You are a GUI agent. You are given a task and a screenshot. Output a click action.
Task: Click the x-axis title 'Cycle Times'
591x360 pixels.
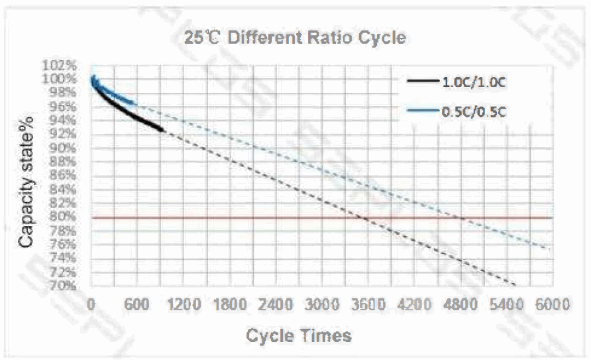[299, 335]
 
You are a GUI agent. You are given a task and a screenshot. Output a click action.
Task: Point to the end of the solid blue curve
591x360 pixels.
[134, 104]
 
